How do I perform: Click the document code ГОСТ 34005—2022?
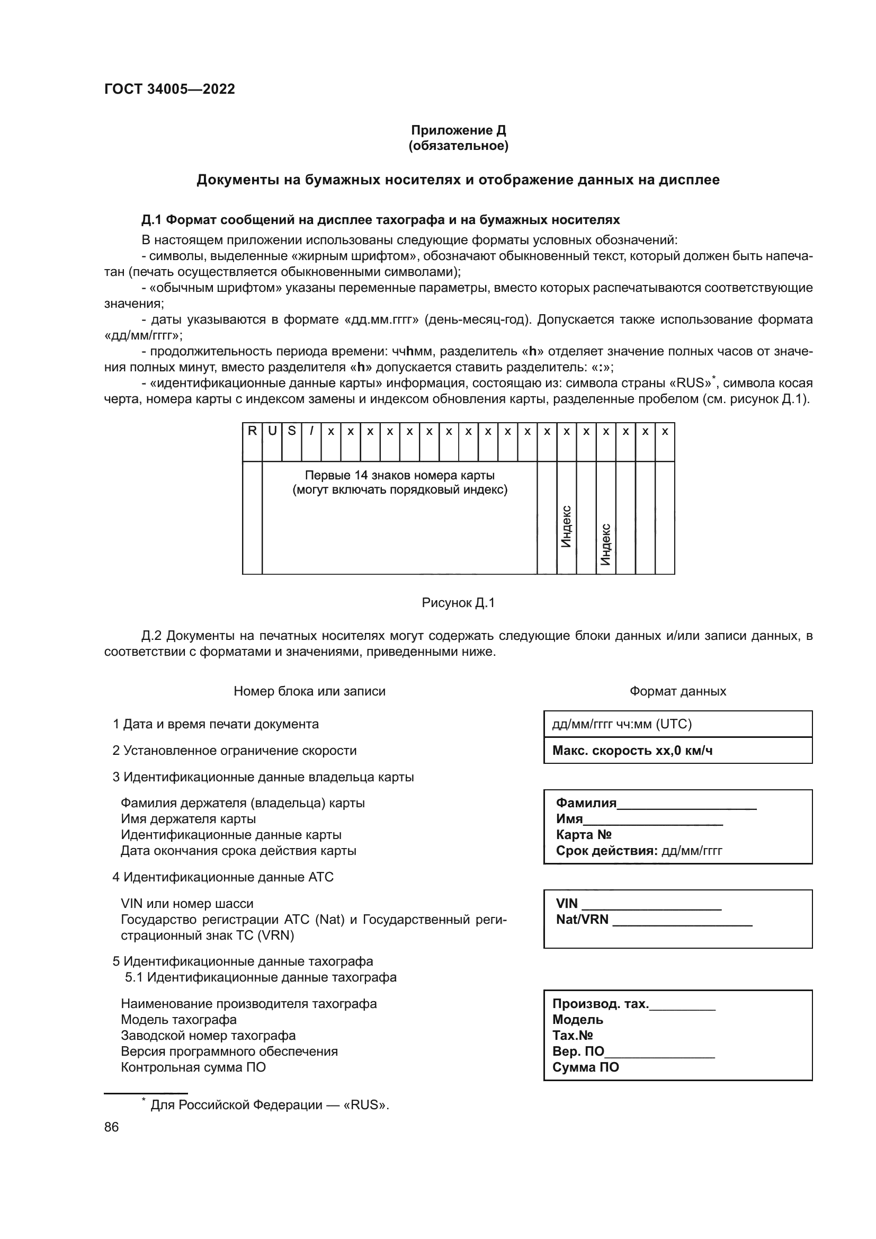coord(169,89)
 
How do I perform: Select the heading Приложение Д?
coord(458,130)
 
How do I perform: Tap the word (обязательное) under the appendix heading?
coord(458,146)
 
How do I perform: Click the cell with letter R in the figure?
coord(252,431)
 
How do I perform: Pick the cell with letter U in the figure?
coord(272,431)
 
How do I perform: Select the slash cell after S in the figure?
coord(311,431)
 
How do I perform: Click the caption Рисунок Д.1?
coord(458,603)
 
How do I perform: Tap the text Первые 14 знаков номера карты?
coord(400,475)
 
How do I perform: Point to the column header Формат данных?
coord(677,691)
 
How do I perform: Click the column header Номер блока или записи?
coord(310,691)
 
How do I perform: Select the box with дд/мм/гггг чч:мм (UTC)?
coord(677,724)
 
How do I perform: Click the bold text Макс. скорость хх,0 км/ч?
coord(632,751)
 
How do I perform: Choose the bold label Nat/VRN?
coord(582,920)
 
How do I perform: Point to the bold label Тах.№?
coord(573,1036)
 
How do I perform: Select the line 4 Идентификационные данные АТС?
coord(223,877)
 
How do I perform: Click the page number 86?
coord(111,1127)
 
